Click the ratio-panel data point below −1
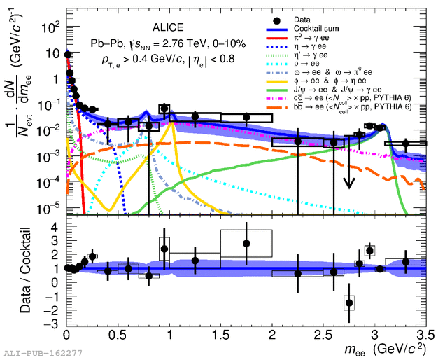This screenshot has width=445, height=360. (349, 303)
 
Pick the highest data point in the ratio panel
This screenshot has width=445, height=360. (246, 243)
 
